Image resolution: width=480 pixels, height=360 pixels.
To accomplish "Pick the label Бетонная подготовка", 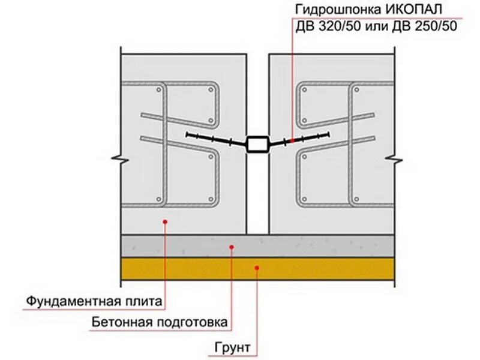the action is tap(160, 323).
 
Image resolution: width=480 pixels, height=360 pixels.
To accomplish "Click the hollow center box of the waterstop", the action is tap(257, 144).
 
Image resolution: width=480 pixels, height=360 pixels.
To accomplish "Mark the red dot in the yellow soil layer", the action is tap(257, 268).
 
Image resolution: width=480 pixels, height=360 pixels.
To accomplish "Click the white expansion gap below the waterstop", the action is tap(257, 192).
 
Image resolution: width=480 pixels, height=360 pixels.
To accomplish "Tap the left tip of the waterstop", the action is tap(187, 133).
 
